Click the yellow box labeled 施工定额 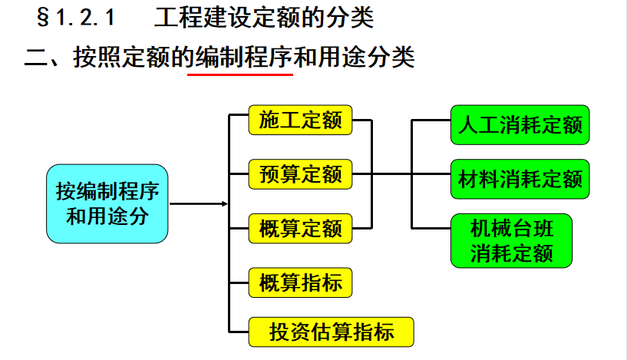300,120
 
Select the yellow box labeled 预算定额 300,174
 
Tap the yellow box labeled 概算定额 300,229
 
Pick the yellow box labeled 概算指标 300,282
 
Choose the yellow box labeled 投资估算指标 331,332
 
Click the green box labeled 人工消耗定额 520,125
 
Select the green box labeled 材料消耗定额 520,179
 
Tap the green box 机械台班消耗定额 511,240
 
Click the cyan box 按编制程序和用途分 107,203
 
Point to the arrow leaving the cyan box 199,204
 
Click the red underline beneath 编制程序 240,74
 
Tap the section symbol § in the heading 43,18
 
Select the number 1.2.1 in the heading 85,18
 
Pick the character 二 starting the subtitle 36,58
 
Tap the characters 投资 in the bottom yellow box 289,332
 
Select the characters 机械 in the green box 491,229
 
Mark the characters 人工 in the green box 479,125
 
